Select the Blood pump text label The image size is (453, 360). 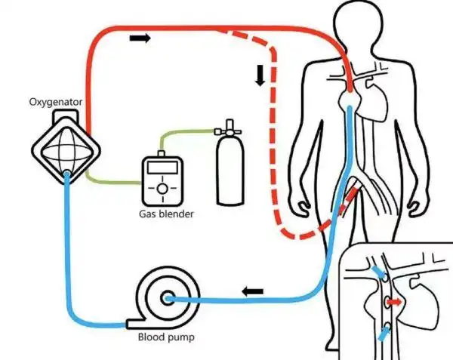[x=165, y=337]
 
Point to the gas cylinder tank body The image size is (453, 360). [x=228, y=174]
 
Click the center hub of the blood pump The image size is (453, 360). [x=168, y=300]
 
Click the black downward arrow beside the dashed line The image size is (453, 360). [x=260, y=75]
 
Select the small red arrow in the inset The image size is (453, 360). [x=393, y=303]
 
